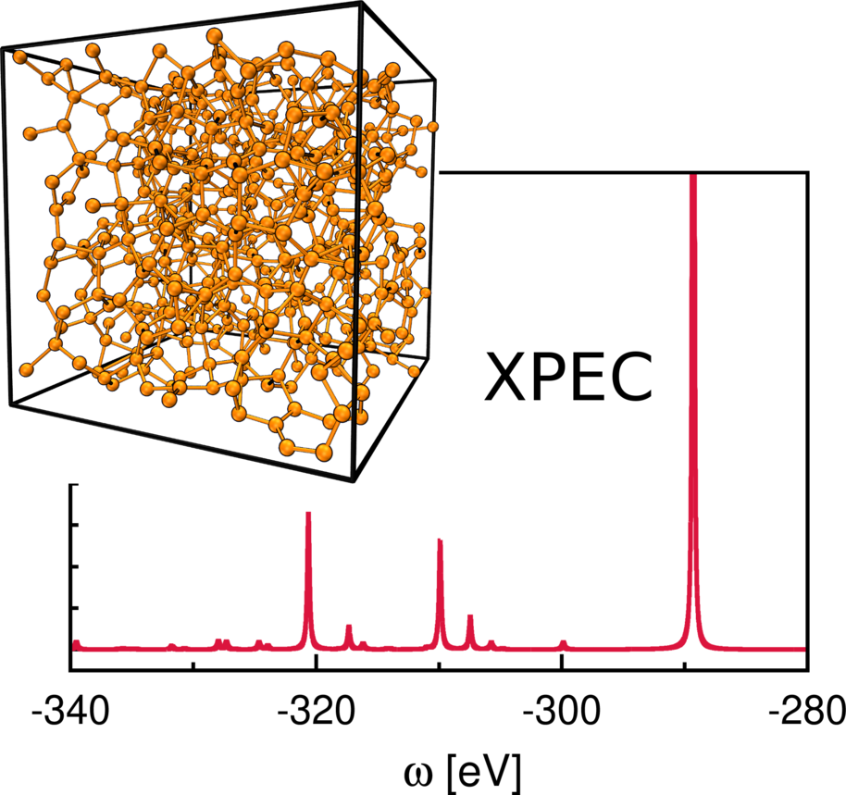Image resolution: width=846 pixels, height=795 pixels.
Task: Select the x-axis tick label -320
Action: point(316,712)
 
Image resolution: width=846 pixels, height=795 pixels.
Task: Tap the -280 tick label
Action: point(805,712)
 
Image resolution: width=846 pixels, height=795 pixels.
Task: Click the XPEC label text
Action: point(568,379)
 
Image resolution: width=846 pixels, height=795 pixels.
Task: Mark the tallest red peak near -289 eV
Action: point(693,176)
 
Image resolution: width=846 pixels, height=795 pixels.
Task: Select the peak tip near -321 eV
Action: point(308,514)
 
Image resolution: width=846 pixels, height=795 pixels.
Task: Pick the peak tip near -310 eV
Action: point(440,540)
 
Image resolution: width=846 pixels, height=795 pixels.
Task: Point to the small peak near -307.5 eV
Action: point(470,616)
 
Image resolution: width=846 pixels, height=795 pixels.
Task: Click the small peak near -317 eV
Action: point(349,627)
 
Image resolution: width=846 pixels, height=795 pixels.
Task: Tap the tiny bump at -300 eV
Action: point(563,642)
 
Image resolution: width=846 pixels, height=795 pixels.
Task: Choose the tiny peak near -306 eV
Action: point(491,642)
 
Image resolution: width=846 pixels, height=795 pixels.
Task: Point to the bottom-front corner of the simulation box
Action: point(353,479)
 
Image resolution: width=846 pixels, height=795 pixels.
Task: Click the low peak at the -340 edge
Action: point(77,641)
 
